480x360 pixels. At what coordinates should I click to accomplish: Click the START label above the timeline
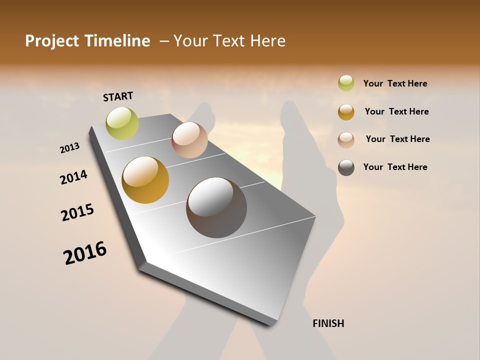(118, 96)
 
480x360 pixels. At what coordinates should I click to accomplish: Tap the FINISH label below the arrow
(328, 323)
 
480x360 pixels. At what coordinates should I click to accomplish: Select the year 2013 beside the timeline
(69, 148)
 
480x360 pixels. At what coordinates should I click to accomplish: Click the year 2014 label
(73, 177)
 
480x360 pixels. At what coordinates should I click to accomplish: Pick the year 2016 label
(85, 253)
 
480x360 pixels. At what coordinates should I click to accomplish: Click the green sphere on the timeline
(122, 123)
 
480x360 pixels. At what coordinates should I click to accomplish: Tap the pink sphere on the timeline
(189, 140)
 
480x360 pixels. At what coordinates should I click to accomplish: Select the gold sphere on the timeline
(145, 180)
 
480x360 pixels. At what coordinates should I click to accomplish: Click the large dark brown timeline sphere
(216, 207)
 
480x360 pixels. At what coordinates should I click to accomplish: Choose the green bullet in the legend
(346, 83)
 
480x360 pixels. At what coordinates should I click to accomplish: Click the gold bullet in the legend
(346, 112)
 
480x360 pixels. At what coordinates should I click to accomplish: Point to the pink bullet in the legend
(346, 140)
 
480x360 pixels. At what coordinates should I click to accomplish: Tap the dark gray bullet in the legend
(346, 167)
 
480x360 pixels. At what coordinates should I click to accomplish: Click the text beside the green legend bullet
(395, 83)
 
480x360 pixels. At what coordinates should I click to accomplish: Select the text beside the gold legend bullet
(396, 111)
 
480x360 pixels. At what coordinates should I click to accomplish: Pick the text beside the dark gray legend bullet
(395, 167)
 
